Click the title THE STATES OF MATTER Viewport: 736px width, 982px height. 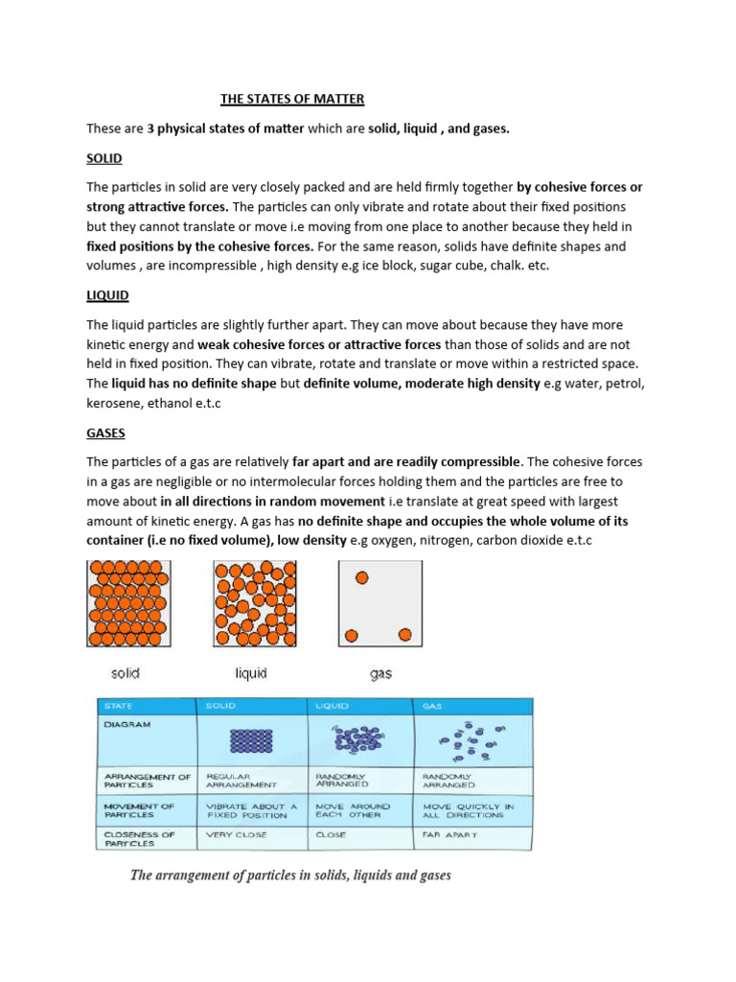coord(292,99)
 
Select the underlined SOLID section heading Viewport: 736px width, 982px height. coord(104,157)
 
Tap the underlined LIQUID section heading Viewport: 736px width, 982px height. coord(107,295)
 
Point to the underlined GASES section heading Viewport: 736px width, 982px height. coord(106,433)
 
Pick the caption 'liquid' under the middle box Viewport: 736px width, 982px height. coord(251,674)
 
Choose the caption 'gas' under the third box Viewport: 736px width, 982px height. coord(380,674)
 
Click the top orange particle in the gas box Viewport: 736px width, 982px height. coord(361,577)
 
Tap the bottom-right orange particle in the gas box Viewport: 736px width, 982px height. coord(404,634)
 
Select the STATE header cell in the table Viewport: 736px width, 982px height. coord(119,706)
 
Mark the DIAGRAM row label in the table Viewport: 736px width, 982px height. coord(126,725)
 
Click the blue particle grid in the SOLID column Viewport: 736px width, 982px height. coord(252,741)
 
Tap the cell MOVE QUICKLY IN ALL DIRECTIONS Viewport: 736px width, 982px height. coord(469,810)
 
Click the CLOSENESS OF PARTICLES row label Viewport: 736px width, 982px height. coord(138,839)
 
